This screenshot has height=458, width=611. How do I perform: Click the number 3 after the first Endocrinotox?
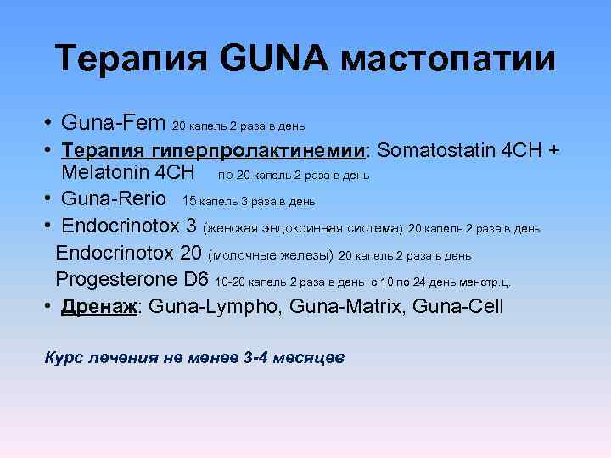point(191,226)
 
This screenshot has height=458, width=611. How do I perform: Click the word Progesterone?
point(121,279)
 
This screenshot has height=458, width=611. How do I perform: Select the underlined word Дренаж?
point(100,305)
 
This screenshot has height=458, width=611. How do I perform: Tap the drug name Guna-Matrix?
point(346,305)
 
